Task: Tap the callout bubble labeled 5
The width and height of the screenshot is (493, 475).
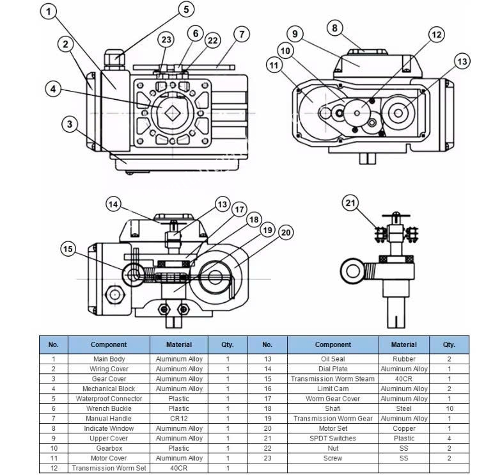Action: (186, 10)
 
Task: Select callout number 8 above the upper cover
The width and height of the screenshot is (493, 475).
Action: (334, 28)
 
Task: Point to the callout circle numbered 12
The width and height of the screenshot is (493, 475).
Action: (436, 35)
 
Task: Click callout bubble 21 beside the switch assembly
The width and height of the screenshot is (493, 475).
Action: (350, 204)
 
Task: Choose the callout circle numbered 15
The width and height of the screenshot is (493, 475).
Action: (68, 249)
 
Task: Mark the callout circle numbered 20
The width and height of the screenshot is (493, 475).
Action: (285, 232)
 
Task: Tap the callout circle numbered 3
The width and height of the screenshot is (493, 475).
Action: (70, 124)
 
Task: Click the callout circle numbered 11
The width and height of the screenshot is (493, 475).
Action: (275, 65)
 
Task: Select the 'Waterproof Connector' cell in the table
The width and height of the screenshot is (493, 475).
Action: (109, 399)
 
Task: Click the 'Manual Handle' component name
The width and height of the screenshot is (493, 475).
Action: (109, 419)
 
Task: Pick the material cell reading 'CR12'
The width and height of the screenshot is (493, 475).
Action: (179, 419)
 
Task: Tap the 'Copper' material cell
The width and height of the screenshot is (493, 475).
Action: (404, 428)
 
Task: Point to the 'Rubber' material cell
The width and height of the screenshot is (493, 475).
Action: (404, 359)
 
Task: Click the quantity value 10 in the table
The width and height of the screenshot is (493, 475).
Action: (450, 408)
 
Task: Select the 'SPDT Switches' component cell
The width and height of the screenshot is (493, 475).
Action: (333, 439)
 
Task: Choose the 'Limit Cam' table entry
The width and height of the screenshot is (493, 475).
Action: (333, 389)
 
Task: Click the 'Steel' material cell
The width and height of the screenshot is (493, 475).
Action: (404, 408)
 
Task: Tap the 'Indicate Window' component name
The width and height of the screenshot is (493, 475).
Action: (109, 428)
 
